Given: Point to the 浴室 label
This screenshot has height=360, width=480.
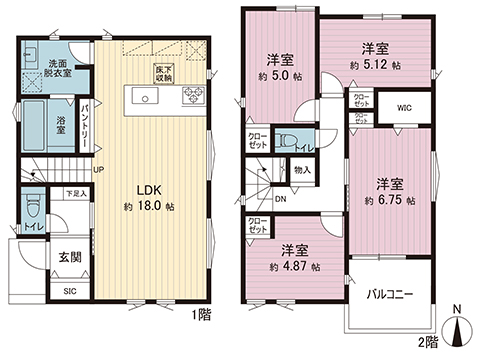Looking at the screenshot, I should tap(61, 126).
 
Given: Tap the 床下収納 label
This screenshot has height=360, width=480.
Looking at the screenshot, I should tap(163, 73).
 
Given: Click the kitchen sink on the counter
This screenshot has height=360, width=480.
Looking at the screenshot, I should tap(146, 98).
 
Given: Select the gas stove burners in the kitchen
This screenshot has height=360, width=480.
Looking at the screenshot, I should tap(190, 98).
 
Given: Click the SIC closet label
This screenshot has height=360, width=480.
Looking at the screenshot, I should tap(69, 291).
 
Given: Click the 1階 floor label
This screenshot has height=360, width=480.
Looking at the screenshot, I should tap(200, 315).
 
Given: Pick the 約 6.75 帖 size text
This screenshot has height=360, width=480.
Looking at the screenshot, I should tap(388, 200).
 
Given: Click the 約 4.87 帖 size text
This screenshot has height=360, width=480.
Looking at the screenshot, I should tap(294, 267).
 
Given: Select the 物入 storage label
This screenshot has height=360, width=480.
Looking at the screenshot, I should tap(303, 170).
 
